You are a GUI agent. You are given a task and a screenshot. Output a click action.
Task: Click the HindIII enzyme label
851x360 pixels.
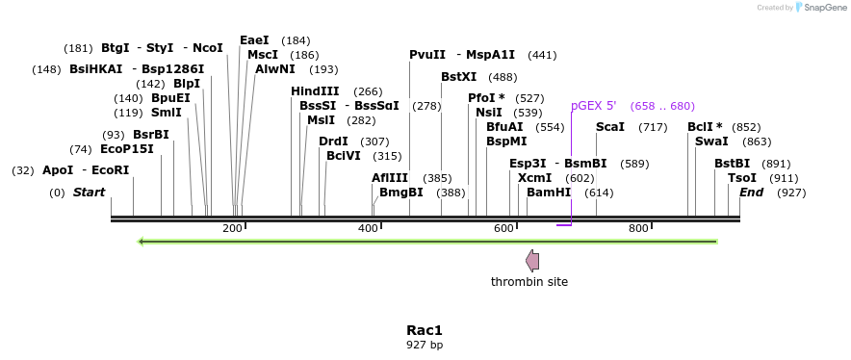(x=315, y=91)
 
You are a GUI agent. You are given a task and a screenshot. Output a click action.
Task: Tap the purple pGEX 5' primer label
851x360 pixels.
(x=593, y=106)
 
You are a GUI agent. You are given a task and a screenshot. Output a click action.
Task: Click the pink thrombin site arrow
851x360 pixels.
(x=531, y=260)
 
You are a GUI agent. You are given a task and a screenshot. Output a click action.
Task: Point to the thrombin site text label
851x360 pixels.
(x=529, y=282)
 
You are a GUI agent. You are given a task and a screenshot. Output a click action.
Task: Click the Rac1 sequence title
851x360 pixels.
(x=425, y=330)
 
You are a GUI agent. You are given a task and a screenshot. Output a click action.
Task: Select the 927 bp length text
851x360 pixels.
(x=425, y=345)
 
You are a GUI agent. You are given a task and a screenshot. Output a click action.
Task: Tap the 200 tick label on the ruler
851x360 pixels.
(x=232, y=228)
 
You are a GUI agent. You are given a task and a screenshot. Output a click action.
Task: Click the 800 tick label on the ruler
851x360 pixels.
(x=638, y=228)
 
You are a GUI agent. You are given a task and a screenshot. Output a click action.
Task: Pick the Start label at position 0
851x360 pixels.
(x=89, y=193)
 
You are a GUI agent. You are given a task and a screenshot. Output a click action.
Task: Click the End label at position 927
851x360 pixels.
(x=751, y=193)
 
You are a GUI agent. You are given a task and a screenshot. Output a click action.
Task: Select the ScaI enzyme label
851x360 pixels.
(x=610, y=127)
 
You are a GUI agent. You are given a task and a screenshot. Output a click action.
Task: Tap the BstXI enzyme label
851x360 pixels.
(x=458, y=77)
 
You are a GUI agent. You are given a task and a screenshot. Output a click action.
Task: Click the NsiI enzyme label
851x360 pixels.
(x=489, y=113)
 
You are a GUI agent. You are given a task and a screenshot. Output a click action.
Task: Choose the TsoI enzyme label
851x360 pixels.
(x=742, y=178)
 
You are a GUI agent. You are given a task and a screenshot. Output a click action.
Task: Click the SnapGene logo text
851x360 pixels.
(x=824, y=8)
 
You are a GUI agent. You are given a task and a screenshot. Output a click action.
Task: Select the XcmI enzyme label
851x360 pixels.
(x=534, y=178)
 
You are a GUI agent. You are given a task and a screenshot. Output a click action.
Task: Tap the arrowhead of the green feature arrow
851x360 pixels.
(x=142, y=241)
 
